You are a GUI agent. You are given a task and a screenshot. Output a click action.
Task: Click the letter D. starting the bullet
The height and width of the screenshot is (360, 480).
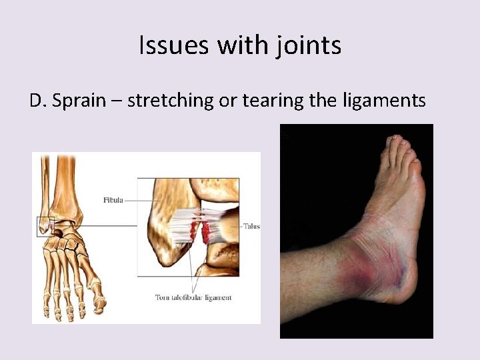point(38,101)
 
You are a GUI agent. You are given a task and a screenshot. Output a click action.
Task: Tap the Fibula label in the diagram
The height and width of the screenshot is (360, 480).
point(113,200)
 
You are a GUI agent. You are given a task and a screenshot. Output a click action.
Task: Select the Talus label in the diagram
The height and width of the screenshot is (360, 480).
point(251,226)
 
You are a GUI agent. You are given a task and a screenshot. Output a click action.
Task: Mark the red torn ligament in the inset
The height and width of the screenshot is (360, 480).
point(205,231)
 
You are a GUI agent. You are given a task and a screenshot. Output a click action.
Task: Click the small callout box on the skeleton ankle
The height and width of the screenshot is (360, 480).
point(44,226)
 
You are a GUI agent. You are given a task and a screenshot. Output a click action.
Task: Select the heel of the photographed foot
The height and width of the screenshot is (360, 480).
point(407,293)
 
